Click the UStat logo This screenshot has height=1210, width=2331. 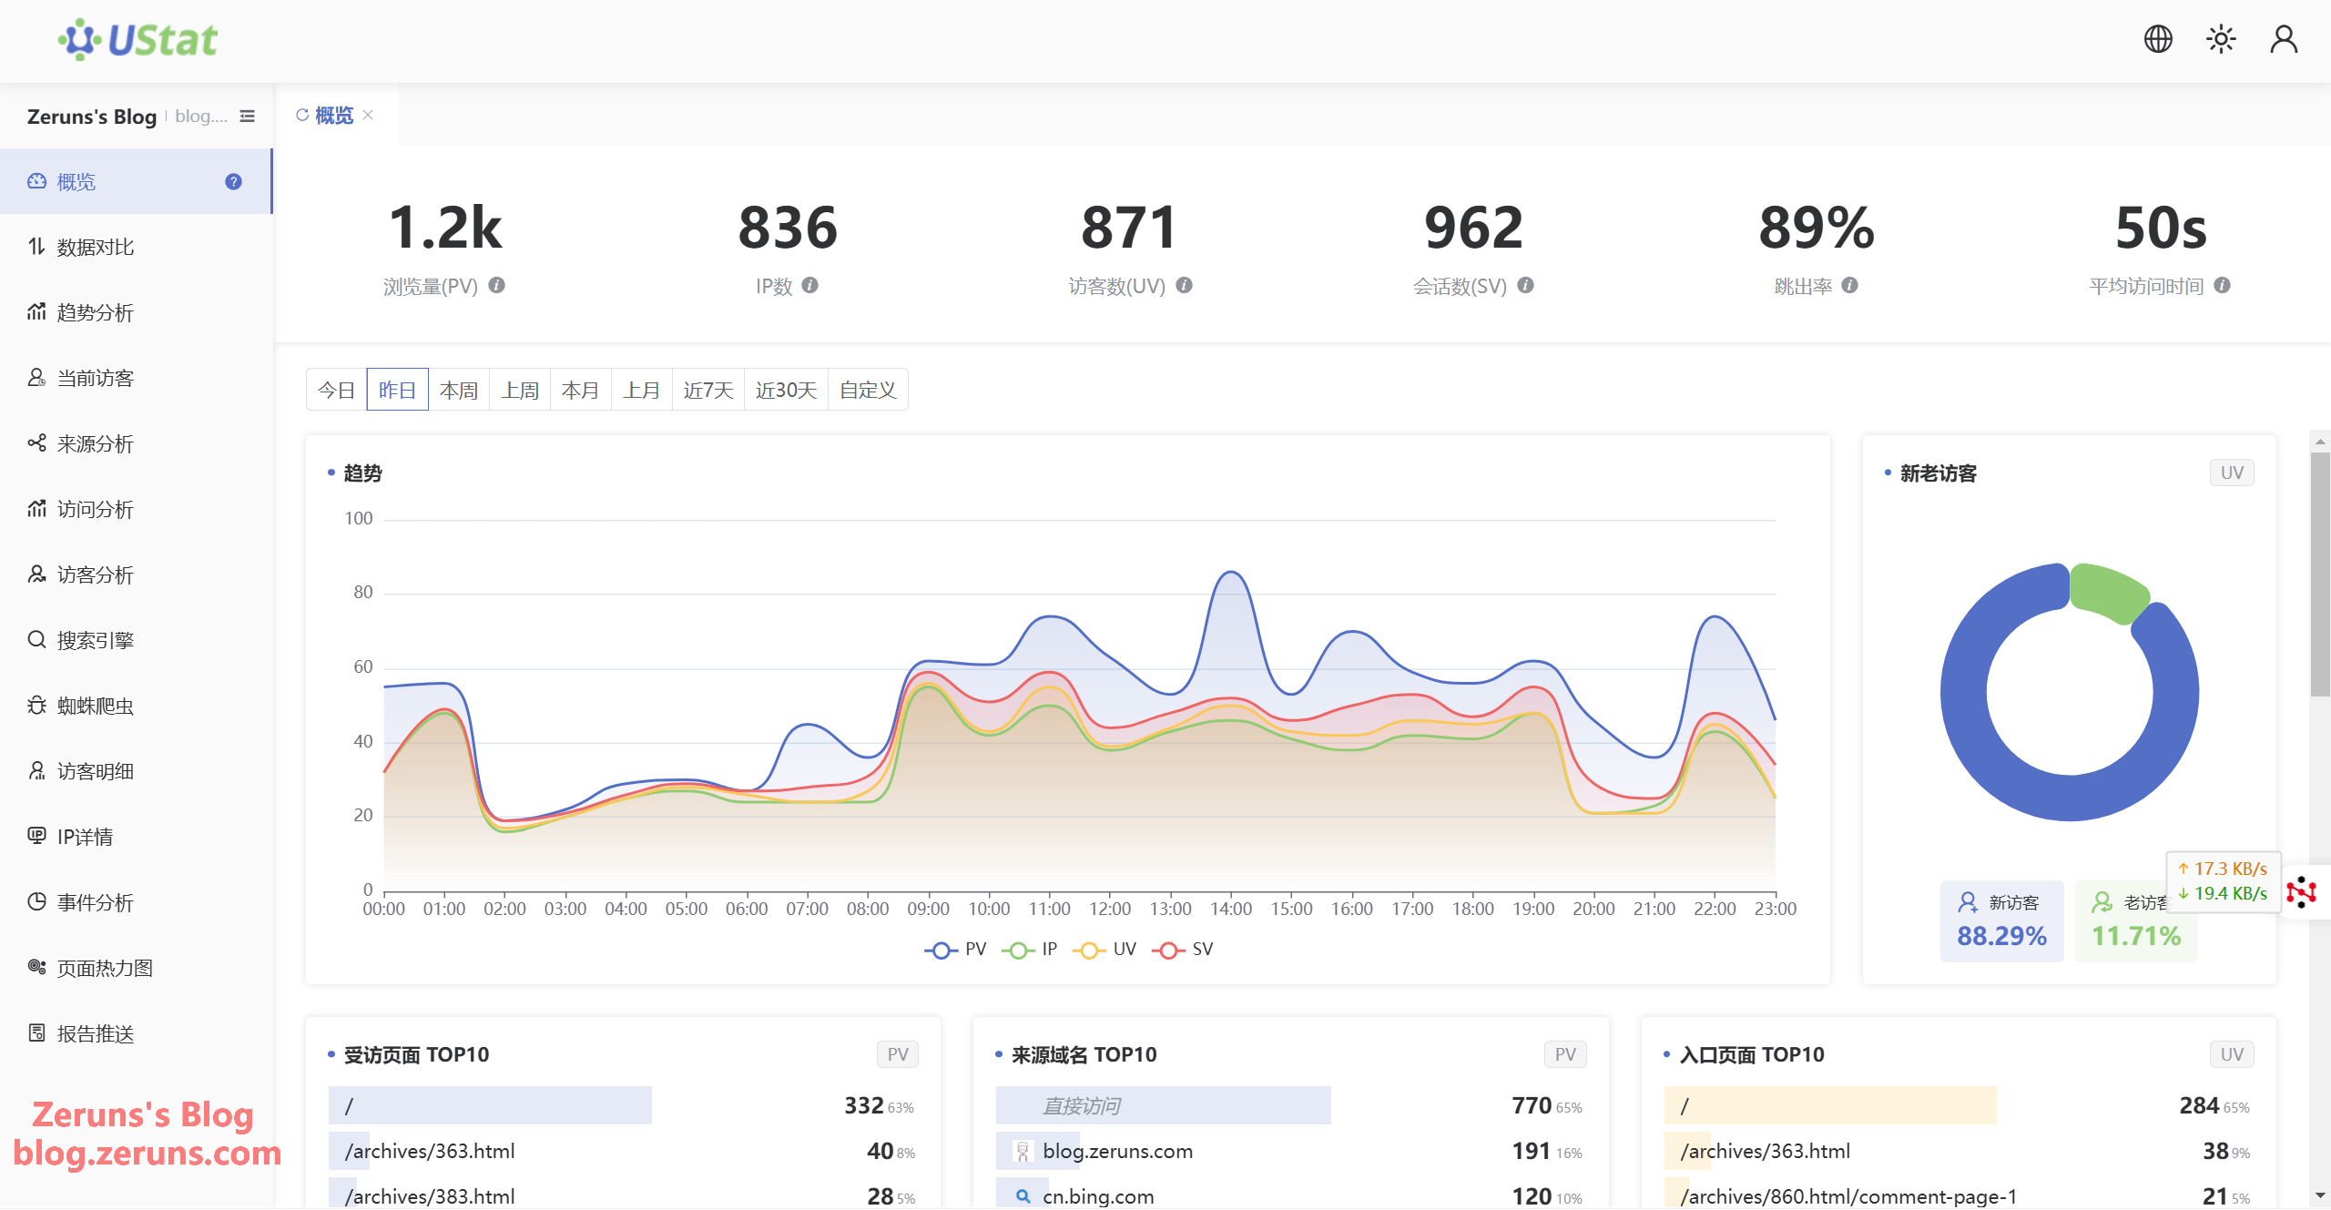(138, 40)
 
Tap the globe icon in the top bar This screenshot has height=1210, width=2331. (2157, 39)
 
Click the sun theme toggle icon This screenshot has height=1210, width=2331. (2221, 39)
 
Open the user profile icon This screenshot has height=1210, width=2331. (2284, 39)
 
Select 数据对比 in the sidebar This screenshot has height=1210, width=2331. (95, 247)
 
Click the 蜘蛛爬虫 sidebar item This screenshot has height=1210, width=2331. (95, 706)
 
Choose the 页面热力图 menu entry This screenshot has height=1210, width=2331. (104, 968)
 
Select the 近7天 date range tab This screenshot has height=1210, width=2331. (707, 390)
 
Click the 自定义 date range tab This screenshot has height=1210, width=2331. (867, 390)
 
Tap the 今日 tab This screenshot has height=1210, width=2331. (336, 390)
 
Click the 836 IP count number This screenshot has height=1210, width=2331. (788, 228)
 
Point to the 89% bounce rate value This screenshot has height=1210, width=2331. (1816, 228)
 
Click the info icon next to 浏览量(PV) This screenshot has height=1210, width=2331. (496, 285)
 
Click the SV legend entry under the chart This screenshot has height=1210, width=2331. (1183, 949)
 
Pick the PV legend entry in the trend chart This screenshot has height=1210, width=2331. (955, 949)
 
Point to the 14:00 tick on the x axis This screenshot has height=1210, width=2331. (1231, 909)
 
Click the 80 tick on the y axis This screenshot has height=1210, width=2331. (362, 593)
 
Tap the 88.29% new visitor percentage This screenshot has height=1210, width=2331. (2001, 935)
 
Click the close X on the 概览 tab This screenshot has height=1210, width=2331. (368, 115)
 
